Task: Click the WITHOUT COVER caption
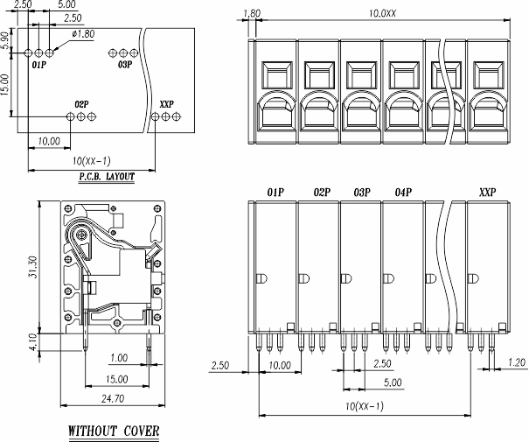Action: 114,431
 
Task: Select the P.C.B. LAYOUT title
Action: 107,176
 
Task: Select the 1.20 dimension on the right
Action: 517,361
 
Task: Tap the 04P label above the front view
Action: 403,192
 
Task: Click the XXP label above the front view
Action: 488,192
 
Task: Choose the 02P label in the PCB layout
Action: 81,103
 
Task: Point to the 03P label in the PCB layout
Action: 123,65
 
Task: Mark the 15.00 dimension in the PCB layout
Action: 8,85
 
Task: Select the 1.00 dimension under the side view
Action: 119,358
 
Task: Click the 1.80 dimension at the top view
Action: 250,13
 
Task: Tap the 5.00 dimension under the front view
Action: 393,383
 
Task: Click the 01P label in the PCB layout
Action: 39,65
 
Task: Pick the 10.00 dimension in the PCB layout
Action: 49,140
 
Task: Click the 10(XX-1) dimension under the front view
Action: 364,405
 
